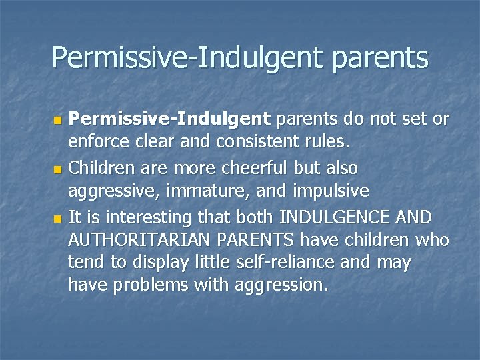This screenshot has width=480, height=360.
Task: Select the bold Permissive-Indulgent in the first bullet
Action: (x=171, y=119)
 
